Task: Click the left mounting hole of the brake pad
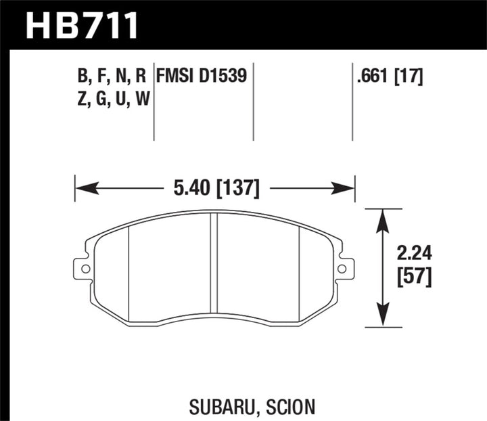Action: (86, 269)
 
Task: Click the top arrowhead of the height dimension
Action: (384, 216)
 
